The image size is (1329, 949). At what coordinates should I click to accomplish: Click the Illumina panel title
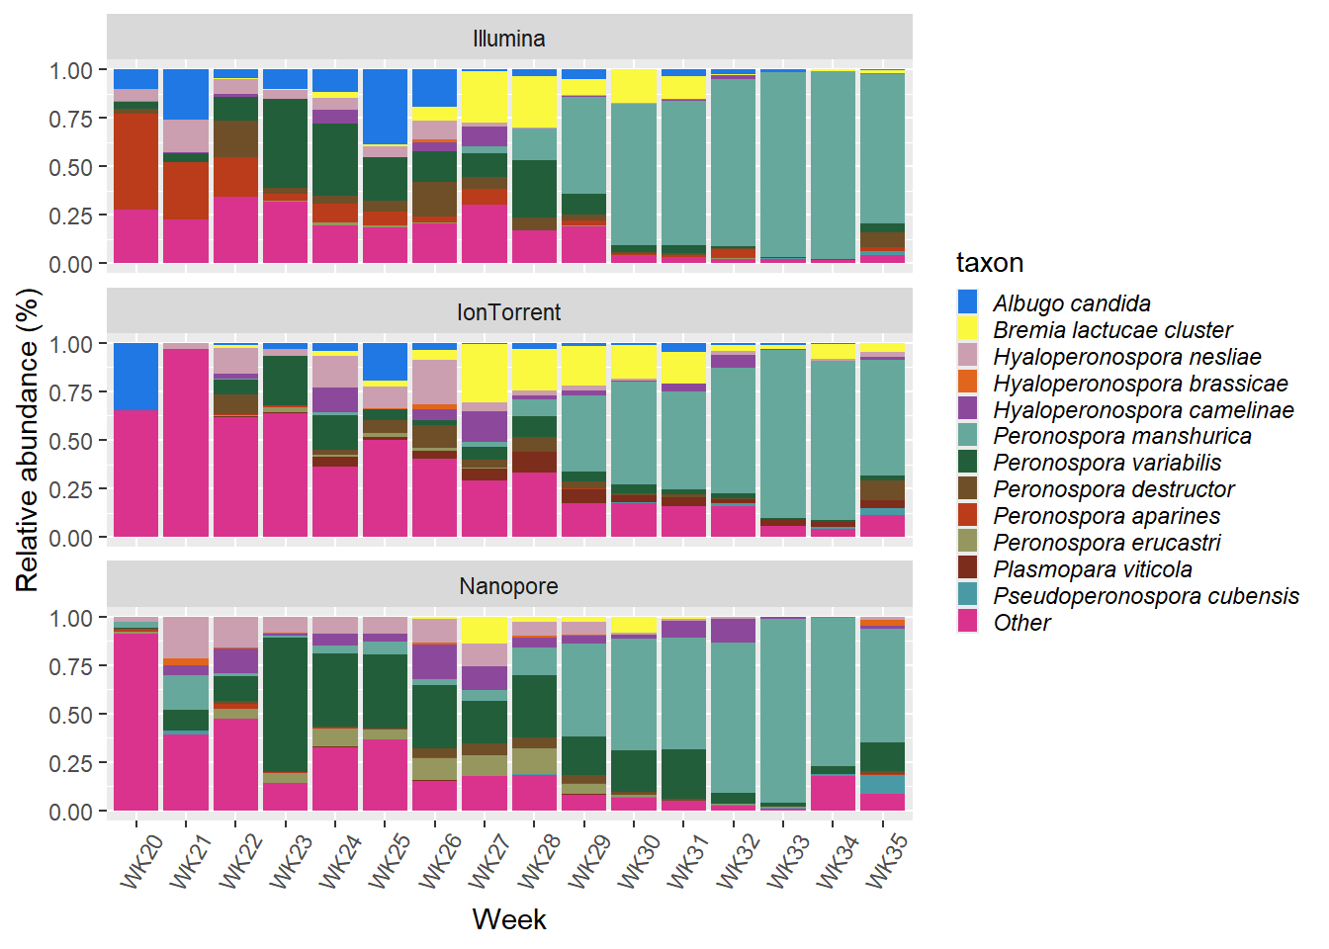508,39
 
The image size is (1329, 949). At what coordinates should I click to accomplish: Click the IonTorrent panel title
508,312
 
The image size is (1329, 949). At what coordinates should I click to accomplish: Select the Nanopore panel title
508,586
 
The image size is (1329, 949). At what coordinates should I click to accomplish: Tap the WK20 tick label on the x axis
141,860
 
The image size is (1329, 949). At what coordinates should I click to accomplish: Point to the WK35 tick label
886,860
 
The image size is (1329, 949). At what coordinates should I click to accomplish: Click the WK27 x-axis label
488,860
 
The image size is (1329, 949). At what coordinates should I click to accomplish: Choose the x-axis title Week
508,919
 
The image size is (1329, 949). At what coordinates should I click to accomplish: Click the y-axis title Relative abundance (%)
27,440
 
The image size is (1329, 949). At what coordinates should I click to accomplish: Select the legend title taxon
989,263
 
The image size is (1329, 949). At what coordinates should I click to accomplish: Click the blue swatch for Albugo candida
968,302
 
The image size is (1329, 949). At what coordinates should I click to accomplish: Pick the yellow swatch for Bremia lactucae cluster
968,329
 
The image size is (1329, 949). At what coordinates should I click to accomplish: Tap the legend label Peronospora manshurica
1121,436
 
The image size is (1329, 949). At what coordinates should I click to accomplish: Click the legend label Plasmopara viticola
1092,569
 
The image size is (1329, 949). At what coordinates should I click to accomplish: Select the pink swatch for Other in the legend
968,623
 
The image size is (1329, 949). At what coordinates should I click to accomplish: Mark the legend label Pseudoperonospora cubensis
1145,596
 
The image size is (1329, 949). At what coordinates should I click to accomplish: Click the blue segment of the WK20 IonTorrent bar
136,376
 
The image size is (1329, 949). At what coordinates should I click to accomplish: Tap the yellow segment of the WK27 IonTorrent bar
485,372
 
